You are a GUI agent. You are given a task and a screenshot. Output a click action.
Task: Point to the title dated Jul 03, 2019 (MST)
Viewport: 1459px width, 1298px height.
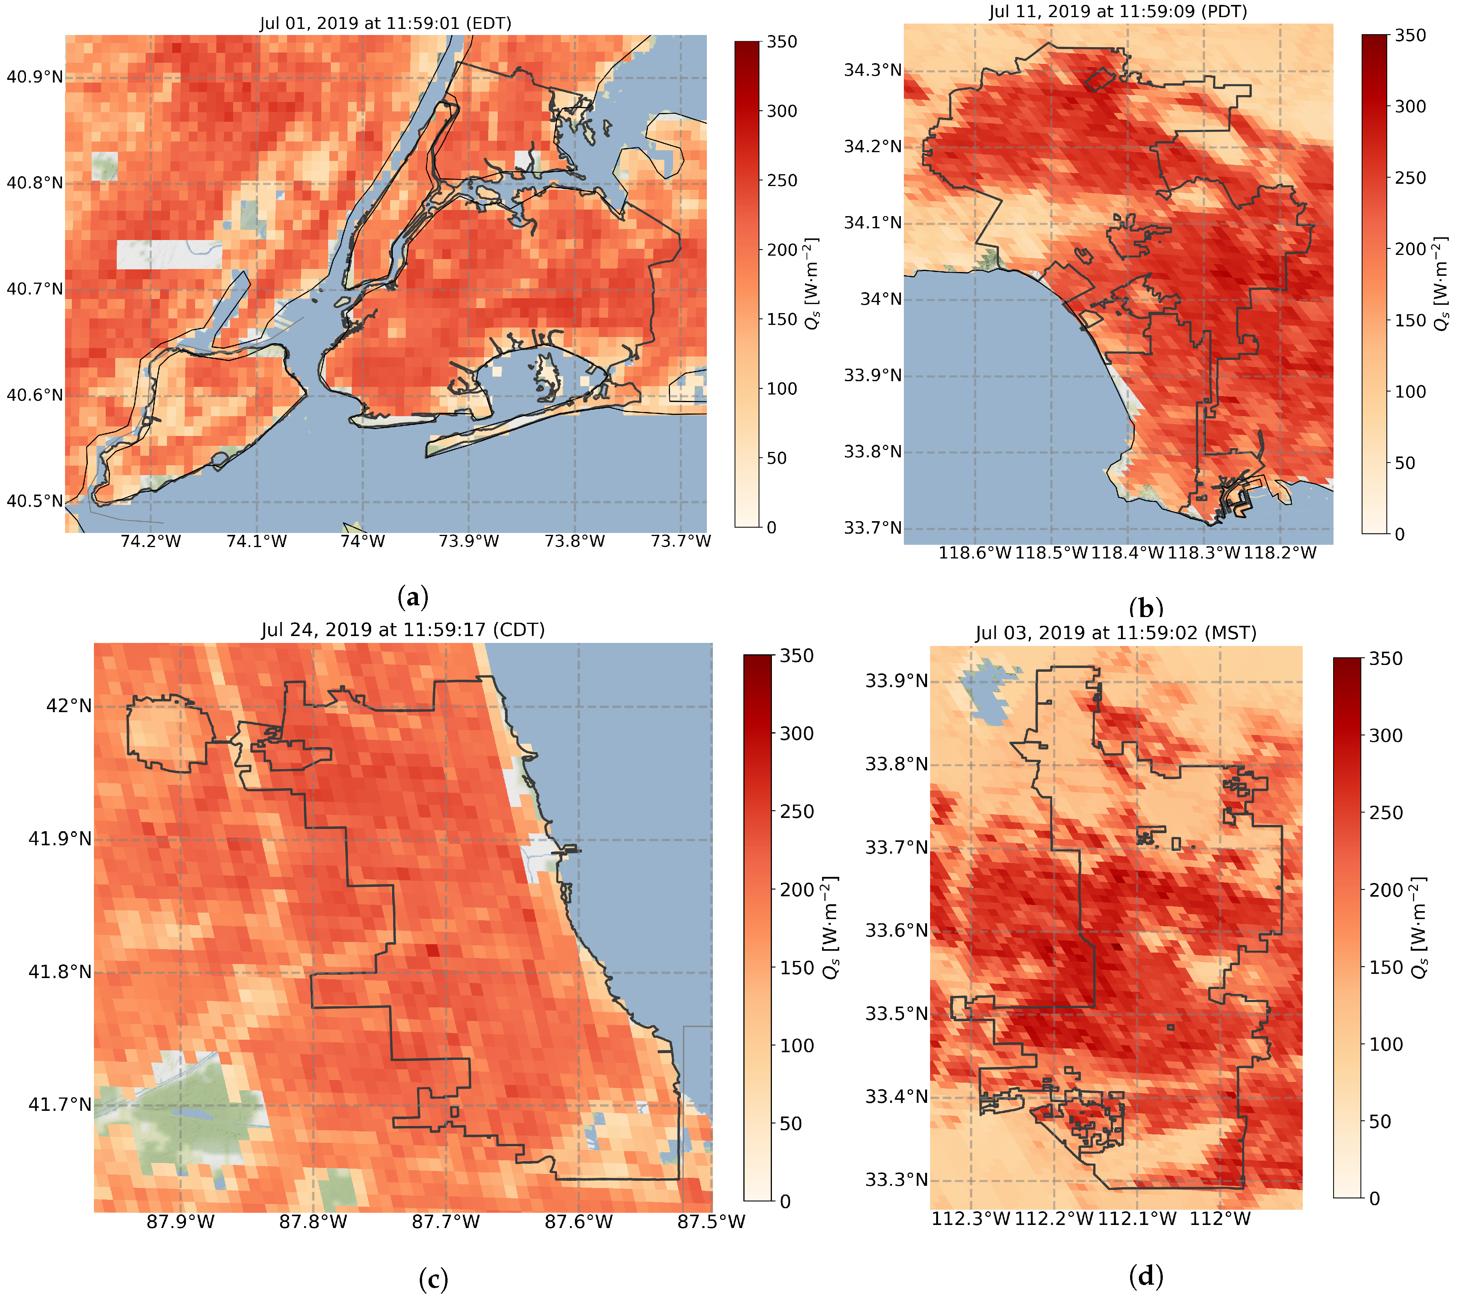1116,633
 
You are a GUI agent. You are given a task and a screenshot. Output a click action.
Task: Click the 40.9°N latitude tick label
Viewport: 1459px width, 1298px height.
34,77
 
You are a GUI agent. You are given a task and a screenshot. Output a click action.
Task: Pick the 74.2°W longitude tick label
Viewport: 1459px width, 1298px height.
151,541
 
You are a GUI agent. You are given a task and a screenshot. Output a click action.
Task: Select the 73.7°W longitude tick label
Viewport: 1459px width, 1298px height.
681,541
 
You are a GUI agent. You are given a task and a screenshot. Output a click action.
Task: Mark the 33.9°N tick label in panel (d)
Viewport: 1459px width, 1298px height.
897,681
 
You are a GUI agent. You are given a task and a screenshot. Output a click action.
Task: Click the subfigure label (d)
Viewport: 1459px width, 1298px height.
1146,1274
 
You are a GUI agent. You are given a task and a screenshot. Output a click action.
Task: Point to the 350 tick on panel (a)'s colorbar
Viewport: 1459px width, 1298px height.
782,42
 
